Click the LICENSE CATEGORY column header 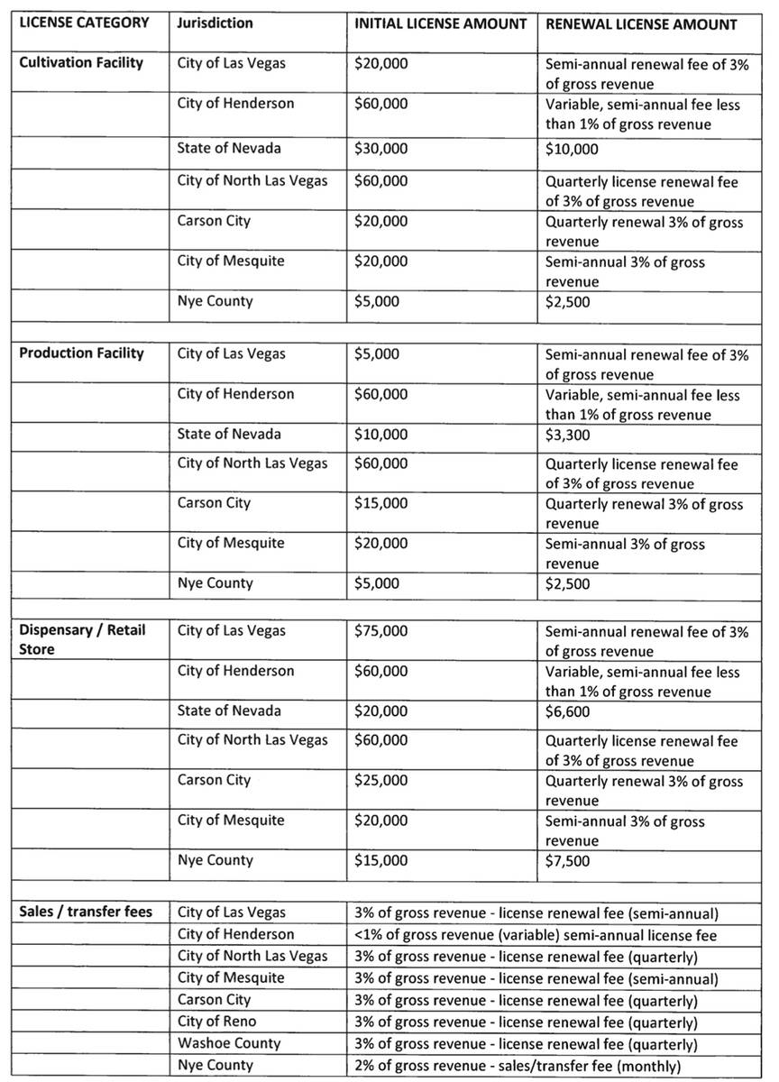pos(78,23)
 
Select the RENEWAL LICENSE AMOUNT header pos(640,23)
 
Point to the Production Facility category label pos(81,353)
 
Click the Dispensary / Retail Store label pos(81,639)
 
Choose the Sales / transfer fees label pos(86,912)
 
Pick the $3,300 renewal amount pos(567,435)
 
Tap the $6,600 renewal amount pos(567,711)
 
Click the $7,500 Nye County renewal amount pos(567,861)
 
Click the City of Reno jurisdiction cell pos(216,1022)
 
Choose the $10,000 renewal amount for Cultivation pos(571,149)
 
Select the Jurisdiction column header pos(215,23)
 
